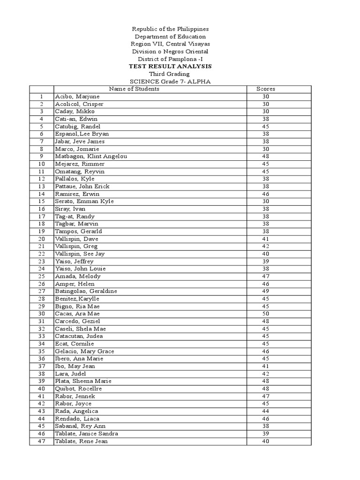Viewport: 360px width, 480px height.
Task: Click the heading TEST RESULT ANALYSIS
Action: coord(170,67)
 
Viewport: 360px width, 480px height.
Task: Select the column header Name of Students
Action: coord(134,89)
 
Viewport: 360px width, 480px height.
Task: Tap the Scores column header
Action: coord(265,89)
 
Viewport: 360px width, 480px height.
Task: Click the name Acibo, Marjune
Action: coord(77,97)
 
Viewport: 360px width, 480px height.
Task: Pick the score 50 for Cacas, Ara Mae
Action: coord(265,314)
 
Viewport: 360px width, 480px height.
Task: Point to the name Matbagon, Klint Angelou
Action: coord(91,157)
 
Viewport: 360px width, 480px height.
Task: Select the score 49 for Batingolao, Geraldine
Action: coord(265,291)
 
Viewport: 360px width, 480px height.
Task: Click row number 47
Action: coord(42,441)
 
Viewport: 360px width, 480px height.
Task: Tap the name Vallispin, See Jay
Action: coord(80,254)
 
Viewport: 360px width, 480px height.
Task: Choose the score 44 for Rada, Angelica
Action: coord(265,411)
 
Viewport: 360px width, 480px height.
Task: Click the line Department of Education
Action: coord(170,37)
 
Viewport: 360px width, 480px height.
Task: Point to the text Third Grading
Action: coord(169,74)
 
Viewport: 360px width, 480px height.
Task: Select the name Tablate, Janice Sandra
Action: coord(87,434)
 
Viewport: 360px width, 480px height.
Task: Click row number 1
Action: coord(42,97)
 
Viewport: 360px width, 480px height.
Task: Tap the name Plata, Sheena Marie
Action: coord(83,381)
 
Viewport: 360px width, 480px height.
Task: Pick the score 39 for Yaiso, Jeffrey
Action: coord(265,261)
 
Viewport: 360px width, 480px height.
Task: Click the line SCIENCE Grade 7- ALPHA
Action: coord(170,82)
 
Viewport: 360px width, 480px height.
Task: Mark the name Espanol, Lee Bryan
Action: coord(82,134)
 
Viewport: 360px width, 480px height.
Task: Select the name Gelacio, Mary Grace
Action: coord(84,351)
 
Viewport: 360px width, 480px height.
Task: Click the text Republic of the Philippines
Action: coord(170,29)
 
